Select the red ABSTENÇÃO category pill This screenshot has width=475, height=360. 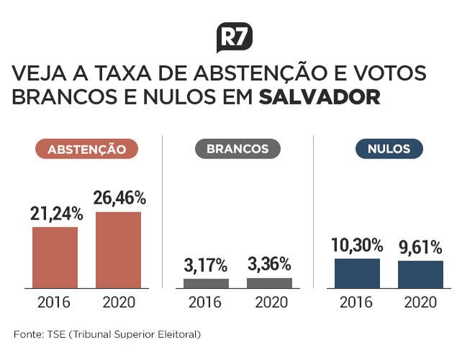pos(87,150)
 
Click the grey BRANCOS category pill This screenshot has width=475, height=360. pos(237,149)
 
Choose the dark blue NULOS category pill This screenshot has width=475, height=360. pos(389,149)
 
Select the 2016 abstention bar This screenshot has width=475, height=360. pos(55,257)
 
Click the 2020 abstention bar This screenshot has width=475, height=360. pos(119,250)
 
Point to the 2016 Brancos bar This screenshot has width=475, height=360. pos(206,283)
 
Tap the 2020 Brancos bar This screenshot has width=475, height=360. pos(269,283)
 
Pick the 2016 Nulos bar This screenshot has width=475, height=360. pos(357,273)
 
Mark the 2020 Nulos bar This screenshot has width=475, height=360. pos(420,274)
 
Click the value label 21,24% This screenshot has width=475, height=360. pos(57,213)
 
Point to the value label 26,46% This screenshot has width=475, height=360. pos(119,197)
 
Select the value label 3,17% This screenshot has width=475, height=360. pos(207,265)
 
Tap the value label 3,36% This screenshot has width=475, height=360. pos(269,264)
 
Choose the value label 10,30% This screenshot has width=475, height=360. pos(357,245)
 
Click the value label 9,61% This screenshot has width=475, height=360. pos(420,247)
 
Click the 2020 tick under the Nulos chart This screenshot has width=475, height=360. pos(420,302)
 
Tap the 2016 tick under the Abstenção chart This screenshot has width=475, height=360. pos(55,302)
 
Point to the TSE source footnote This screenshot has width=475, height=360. pos(107,334)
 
